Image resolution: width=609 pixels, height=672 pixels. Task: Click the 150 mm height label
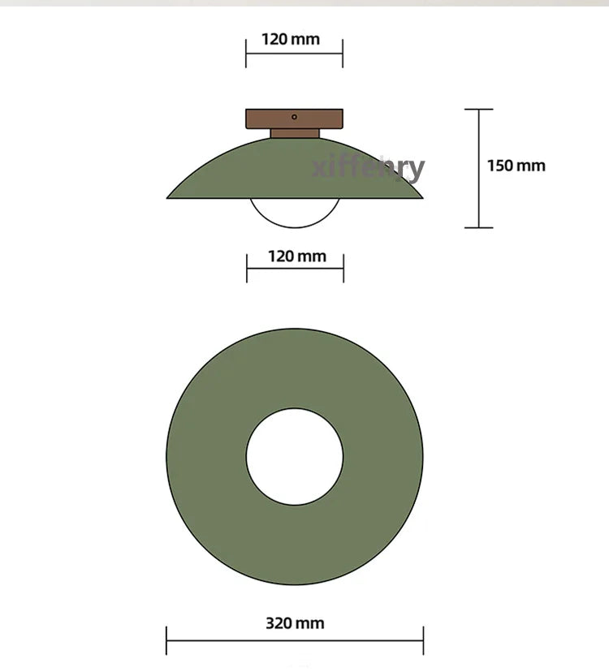[x=516, y=166]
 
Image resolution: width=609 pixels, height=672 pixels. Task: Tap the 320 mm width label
[x=295, y=623]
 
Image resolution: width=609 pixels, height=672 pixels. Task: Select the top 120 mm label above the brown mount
[x=291, y=40]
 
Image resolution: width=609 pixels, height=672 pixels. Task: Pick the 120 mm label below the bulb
[x=297, y=256]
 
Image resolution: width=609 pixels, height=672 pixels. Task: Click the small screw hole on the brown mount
[x=294, y=117]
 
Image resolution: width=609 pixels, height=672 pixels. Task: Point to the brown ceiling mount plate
[x=294, y=118]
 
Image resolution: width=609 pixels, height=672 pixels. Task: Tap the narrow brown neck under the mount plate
[x=295, y=133]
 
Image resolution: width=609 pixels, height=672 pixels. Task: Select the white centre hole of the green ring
[x=295, y=456]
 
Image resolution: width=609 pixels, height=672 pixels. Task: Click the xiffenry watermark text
[x=368, y=167]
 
